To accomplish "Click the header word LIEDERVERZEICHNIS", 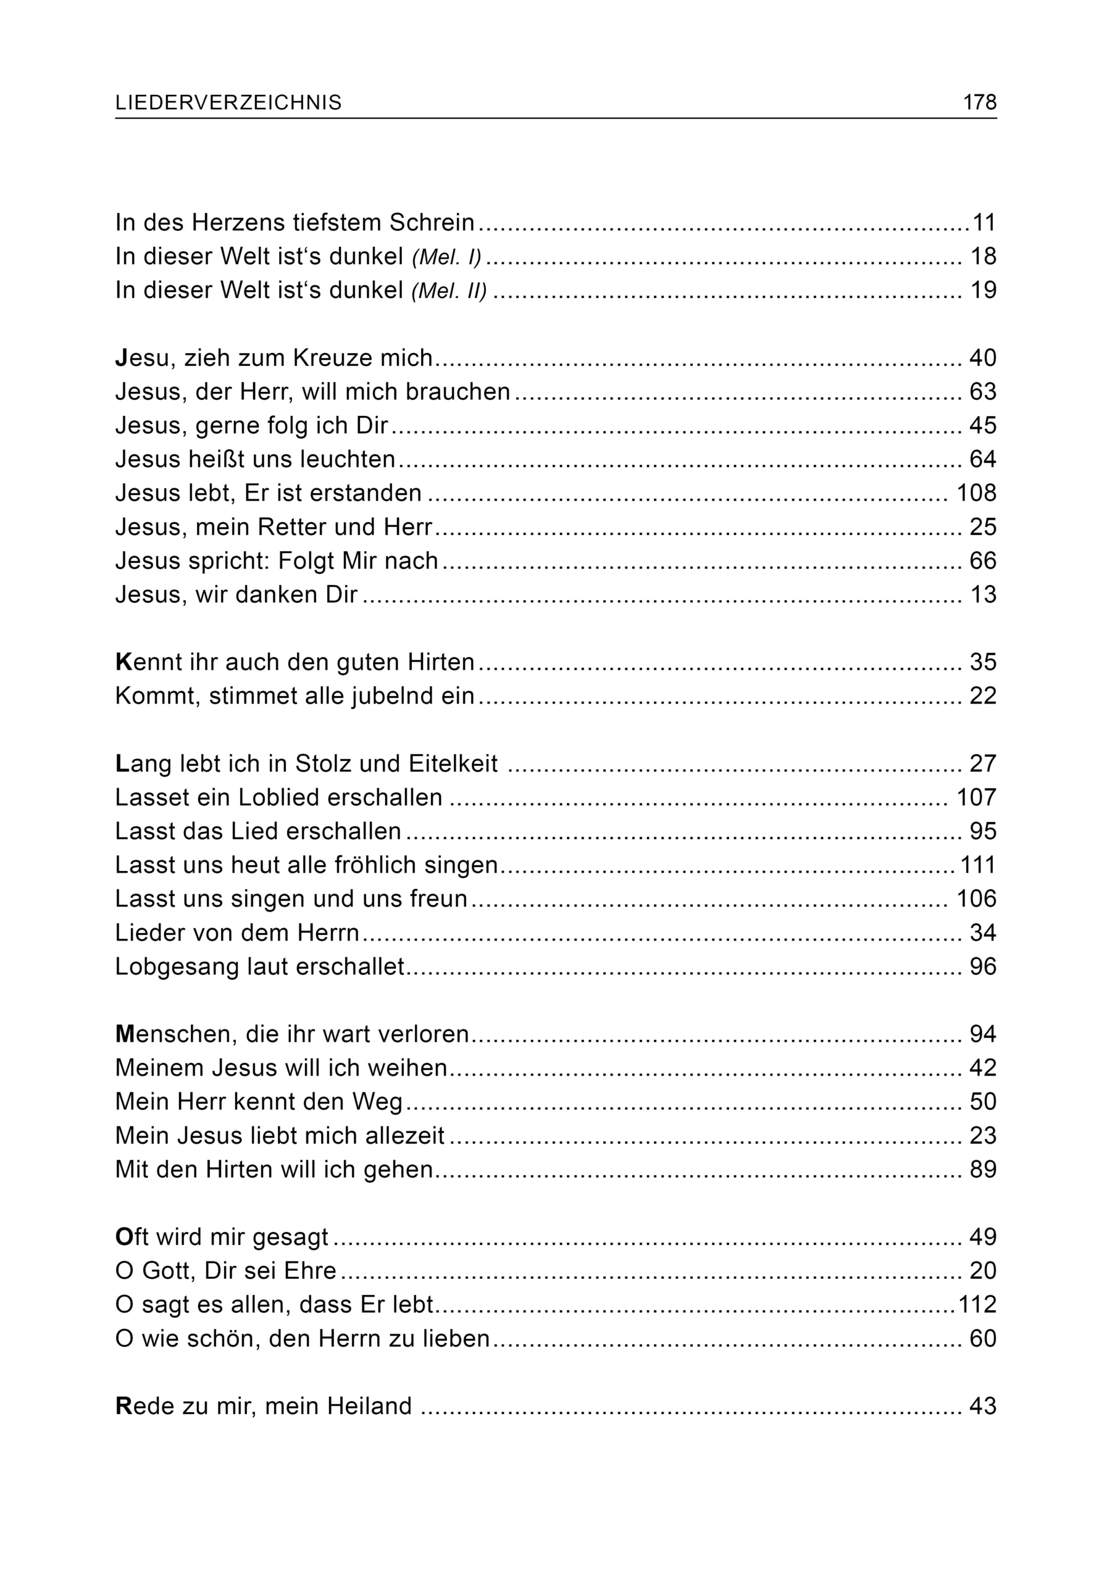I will click(x=228, y=102).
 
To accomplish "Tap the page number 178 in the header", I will click(x=979, y=102).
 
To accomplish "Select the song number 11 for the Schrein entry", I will click(x=984, y=223).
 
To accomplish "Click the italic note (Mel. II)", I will click(x=449, y=291).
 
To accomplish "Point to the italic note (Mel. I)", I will click(x=446, y=257).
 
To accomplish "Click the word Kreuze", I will click(x=327, y=358).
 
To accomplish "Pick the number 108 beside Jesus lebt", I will click(x=976, y=493).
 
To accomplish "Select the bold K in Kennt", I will click(x=123, y=662).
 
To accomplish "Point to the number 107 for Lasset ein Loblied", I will click(x=976, y=797).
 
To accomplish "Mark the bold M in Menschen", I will click(x=125, y=1034).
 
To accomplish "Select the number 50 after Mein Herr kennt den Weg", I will click(x=983, y=1102).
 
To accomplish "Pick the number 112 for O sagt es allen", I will click(x=977, y=1304).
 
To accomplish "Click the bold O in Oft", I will click(x=124, y=1237).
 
